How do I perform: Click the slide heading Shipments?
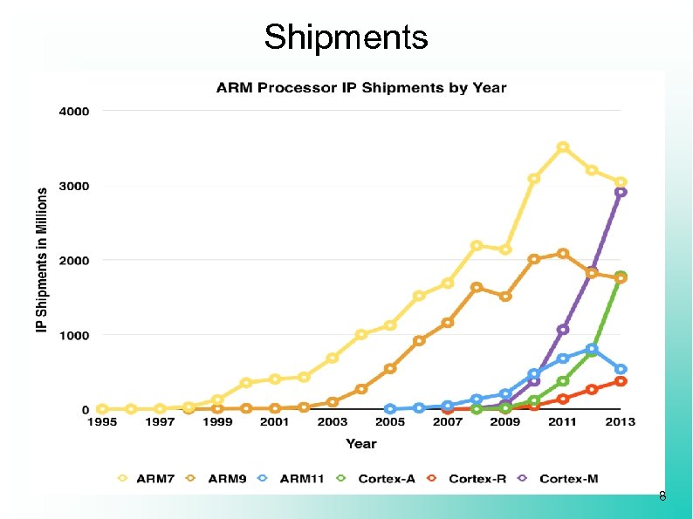(x=346, y=38)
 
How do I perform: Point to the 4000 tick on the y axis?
(x=74, y=112)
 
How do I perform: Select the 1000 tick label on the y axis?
(x=74, y=335)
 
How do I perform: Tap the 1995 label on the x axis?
(x=103, y=423)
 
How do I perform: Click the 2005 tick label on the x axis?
(x=390, y=423)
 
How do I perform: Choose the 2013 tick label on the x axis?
(x=620, y=423)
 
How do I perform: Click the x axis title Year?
(x=360, y=444)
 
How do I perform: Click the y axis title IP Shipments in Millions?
(x=41, y=260)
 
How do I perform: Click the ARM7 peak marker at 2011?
(x=563, y=147)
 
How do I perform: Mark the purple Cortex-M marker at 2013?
(x=620, y=192)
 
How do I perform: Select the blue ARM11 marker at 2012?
(x=592, y=349)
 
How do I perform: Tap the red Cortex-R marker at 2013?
(x=621, y=381)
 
